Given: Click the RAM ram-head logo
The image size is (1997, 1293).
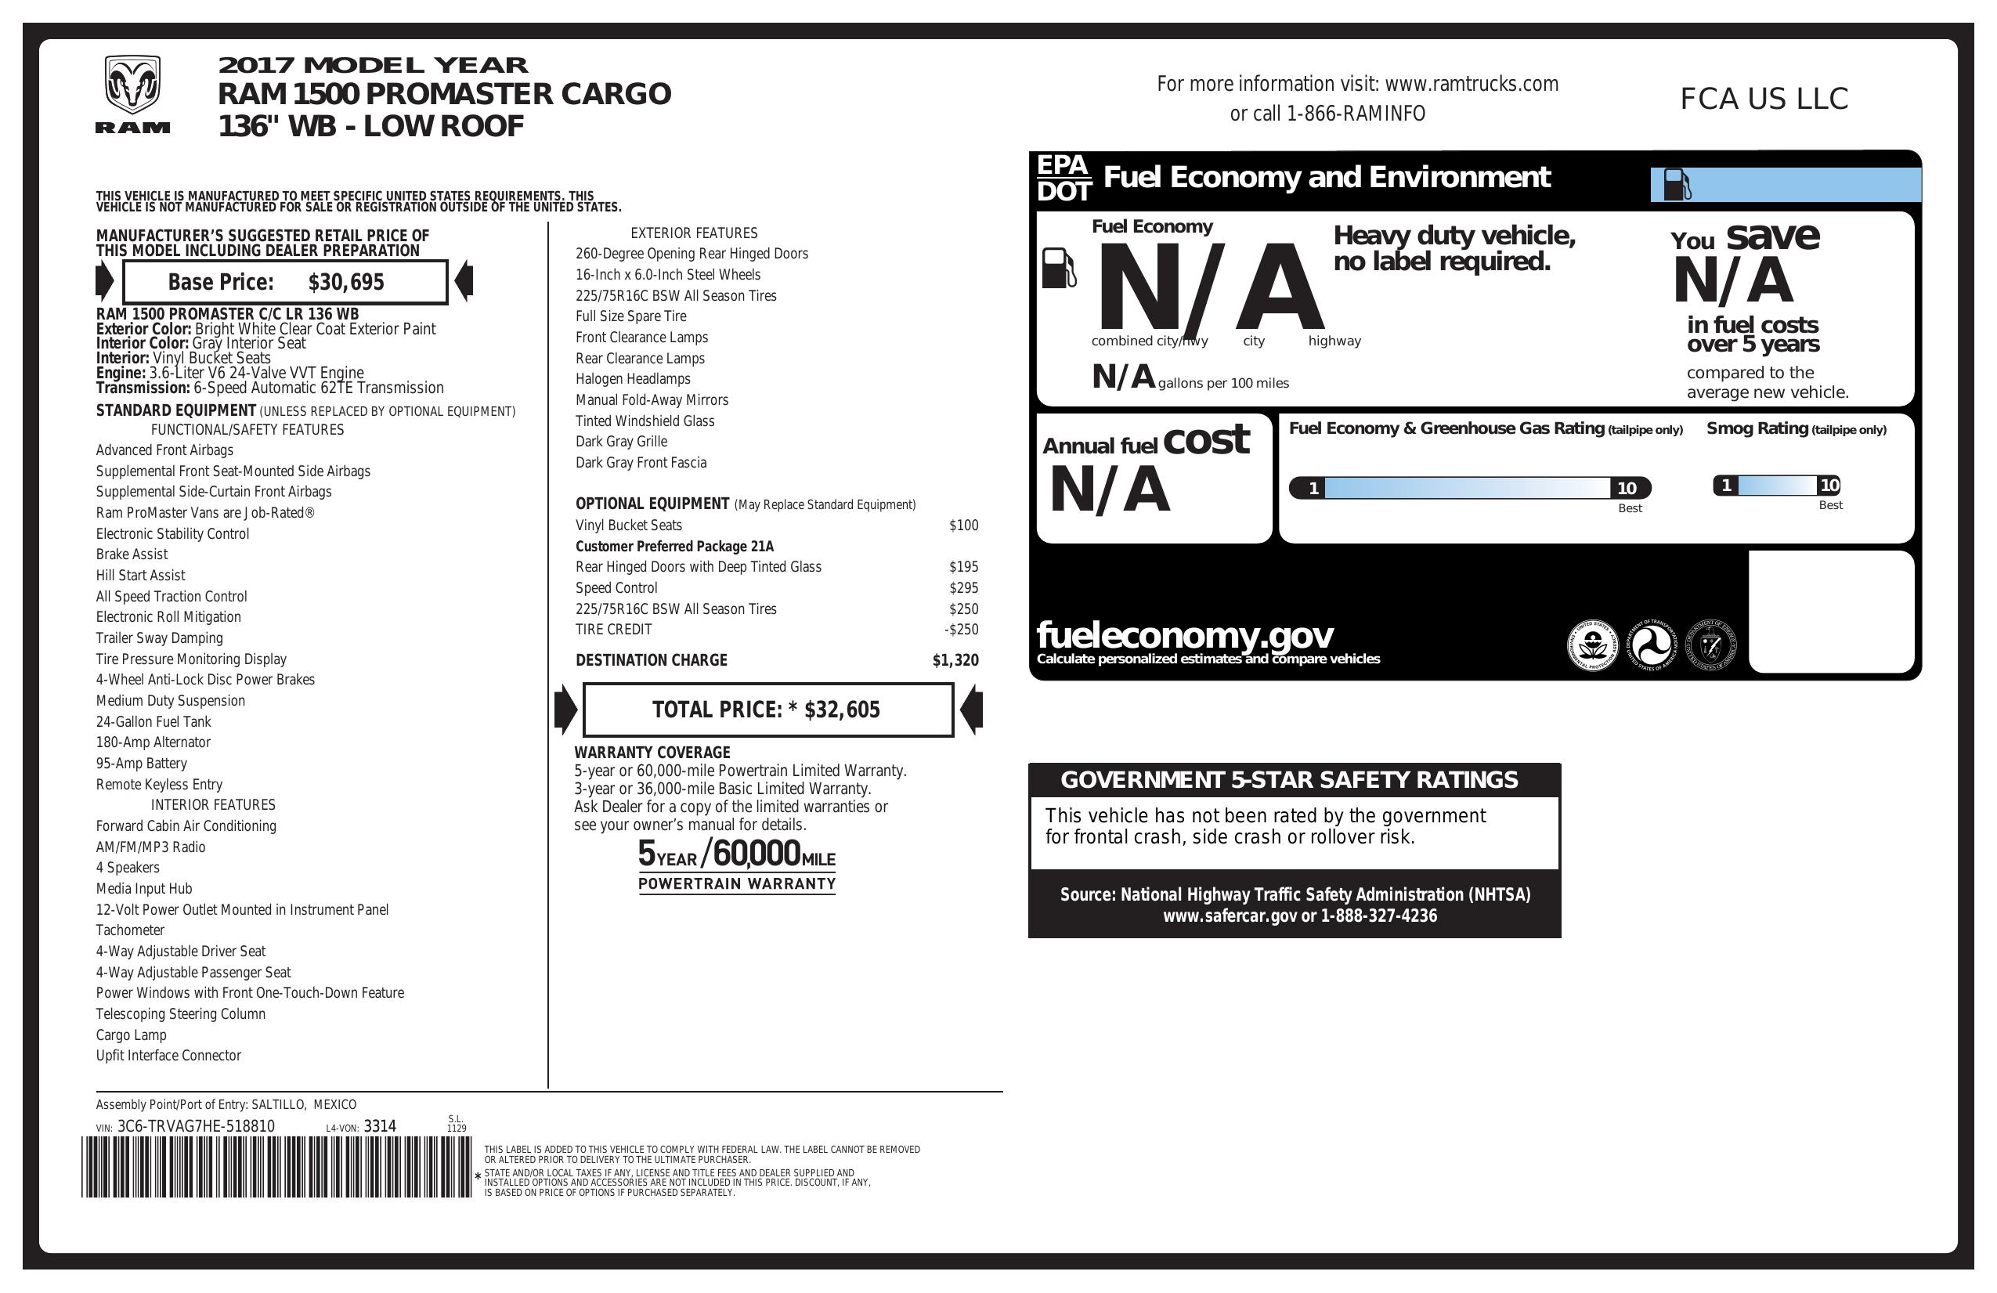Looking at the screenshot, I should point(132,85).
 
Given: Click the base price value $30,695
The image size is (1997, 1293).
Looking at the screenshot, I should point(345,282).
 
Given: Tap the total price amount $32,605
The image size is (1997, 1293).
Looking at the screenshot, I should point(842,710).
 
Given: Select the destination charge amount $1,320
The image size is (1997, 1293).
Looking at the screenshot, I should point(955,660).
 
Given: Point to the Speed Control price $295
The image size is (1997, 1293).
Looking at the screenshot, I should point(963,588).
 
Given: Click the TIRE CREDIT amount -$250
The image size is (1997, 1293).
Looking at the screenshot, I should point(961,630).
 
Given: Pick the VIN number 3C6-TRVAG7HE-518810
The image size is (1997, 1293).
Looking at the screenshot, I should point(196,1126).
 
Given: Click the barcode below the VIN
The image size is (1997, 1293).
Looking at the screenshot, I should point(277,1167).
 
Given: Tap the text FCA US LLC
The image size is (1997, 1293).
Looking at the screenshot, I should point(1764,99).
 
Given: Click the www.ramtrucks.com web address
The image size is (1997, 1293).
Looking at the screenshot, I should point(1471,84).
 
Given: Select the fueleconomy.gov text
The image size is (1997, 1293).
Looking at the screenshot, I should point(1185,635).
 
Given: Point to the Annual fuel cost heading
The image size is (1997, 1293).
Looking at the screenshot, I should point(1145,442).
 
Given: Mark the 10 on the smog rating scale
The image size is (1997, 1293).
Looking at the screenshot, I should point(1829,485).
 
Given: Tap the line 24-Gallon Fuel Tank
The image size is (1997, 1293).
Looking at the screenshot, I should point(153,721).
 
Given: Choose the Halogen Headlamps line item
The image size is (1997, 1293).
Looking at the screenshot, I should point(633,379).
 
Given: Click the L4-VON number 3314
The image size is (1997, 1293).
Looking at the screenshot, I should point(379,1126).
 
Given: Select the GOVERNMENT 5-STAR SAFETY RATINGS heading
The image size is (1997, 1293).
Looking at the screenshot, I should point(1289,780).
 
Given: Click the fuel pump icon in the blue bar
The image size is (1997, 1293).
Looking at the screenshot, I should point(1677,185).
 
